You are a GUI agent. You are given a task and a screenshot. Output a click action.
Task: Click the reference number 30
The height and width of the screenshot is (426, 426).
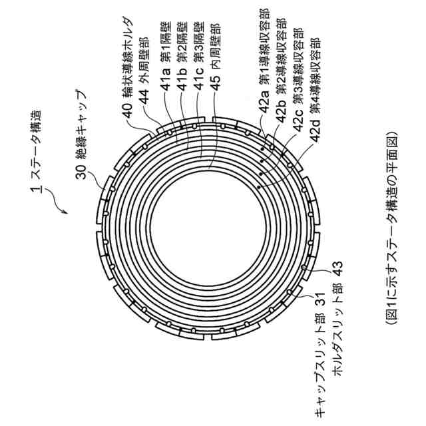(x=79, y=173)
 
